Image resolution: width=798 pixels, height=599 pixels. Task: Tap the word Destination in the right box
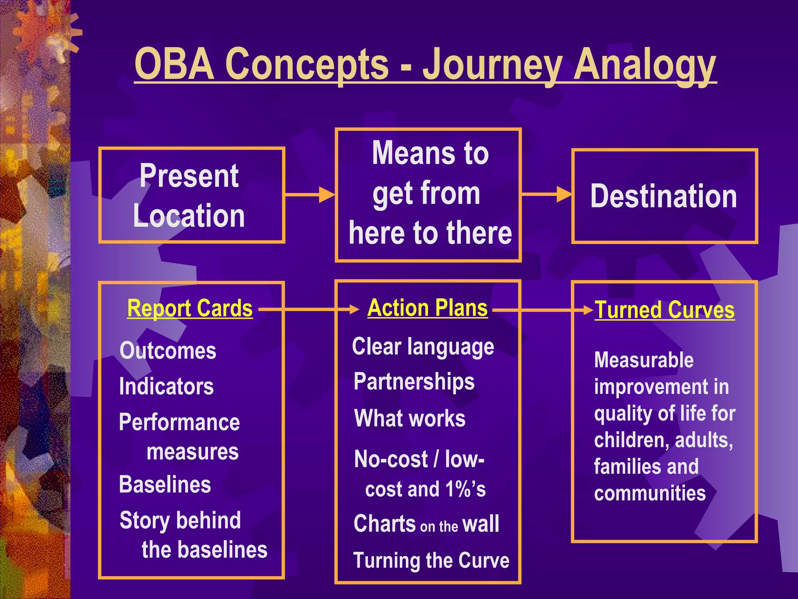coord(664,196)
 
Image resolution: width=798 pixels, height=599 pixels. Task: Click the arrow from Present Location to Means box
coord(310,194)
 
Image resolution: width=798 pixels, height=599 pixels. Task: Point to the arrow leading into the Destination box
coord(546,194)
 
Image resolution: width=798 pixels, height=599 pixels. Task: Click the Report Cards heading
coord(190,308)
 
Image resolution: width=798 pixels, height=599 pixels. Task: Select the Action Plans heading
coord(427,308)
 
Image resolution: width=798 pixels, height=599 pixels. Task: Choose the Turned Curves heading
coord(664,310)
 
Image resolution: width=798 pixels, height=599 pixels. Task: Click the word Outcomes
coord(168,351)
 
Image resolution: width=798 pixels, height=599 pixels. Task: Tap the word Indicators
coord(166,386)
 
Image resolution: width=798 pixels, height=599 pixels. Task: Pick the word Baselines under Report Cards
coord(165,485)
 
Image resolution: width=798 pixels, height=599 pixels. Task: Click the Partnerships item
coord(414,381)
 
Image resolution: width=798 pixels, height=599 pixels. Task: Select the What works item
coord(410,418)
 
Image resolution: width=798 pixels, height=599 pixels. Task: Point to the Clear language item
coord(423,347)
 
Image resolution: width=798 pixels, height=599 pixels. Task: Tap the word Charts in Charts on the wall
coord(385,524)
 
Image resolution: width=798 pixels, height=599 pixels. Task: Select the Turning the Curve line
coord(431,560)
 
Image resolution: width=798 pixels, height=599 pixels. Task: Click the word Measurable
coord(644,360)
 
